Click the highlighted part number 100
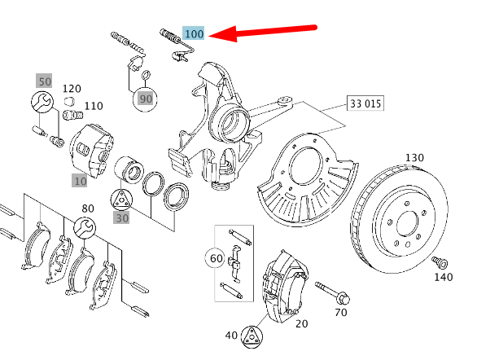click(x=194, y=33)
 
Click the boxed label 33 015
click(x=365, y=104)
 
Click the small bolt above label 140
click(x=440, y=261)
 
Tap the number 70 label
click(x=341, y=312)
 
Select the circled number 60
click(x=216, y=259)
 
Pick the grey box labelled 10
click(x=80, y=180)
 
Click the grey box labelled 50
click(x=44, y=81)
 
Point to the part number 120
click(x=72, y=88)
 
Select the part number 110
click(x=94, y=106)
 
